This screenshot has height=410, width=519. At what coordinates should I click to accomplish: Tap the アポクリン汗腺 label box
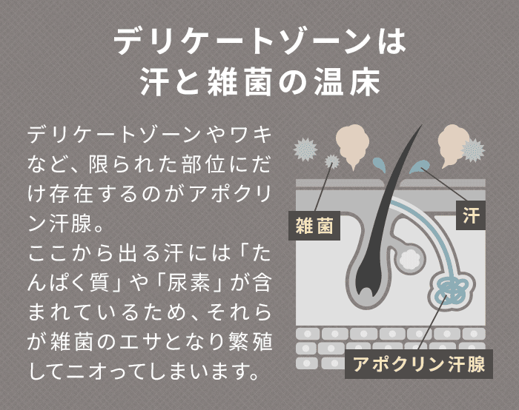419,364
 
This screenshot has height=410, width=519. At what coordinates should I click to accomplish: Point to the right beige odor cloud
453,140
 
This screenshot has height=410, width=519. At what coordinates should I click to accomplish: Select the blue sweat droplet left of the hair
377,164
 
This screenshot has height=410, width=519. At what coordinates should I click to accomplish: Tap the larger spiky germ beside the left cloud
305,148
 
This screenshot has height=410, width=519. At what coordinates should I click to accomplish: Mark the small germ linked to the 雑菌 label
331,161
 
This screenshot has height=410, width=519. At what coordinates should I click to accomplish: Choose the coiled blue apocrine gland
450,289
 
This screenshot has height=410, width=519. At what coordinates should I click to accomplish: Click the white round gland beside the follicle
409,258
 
